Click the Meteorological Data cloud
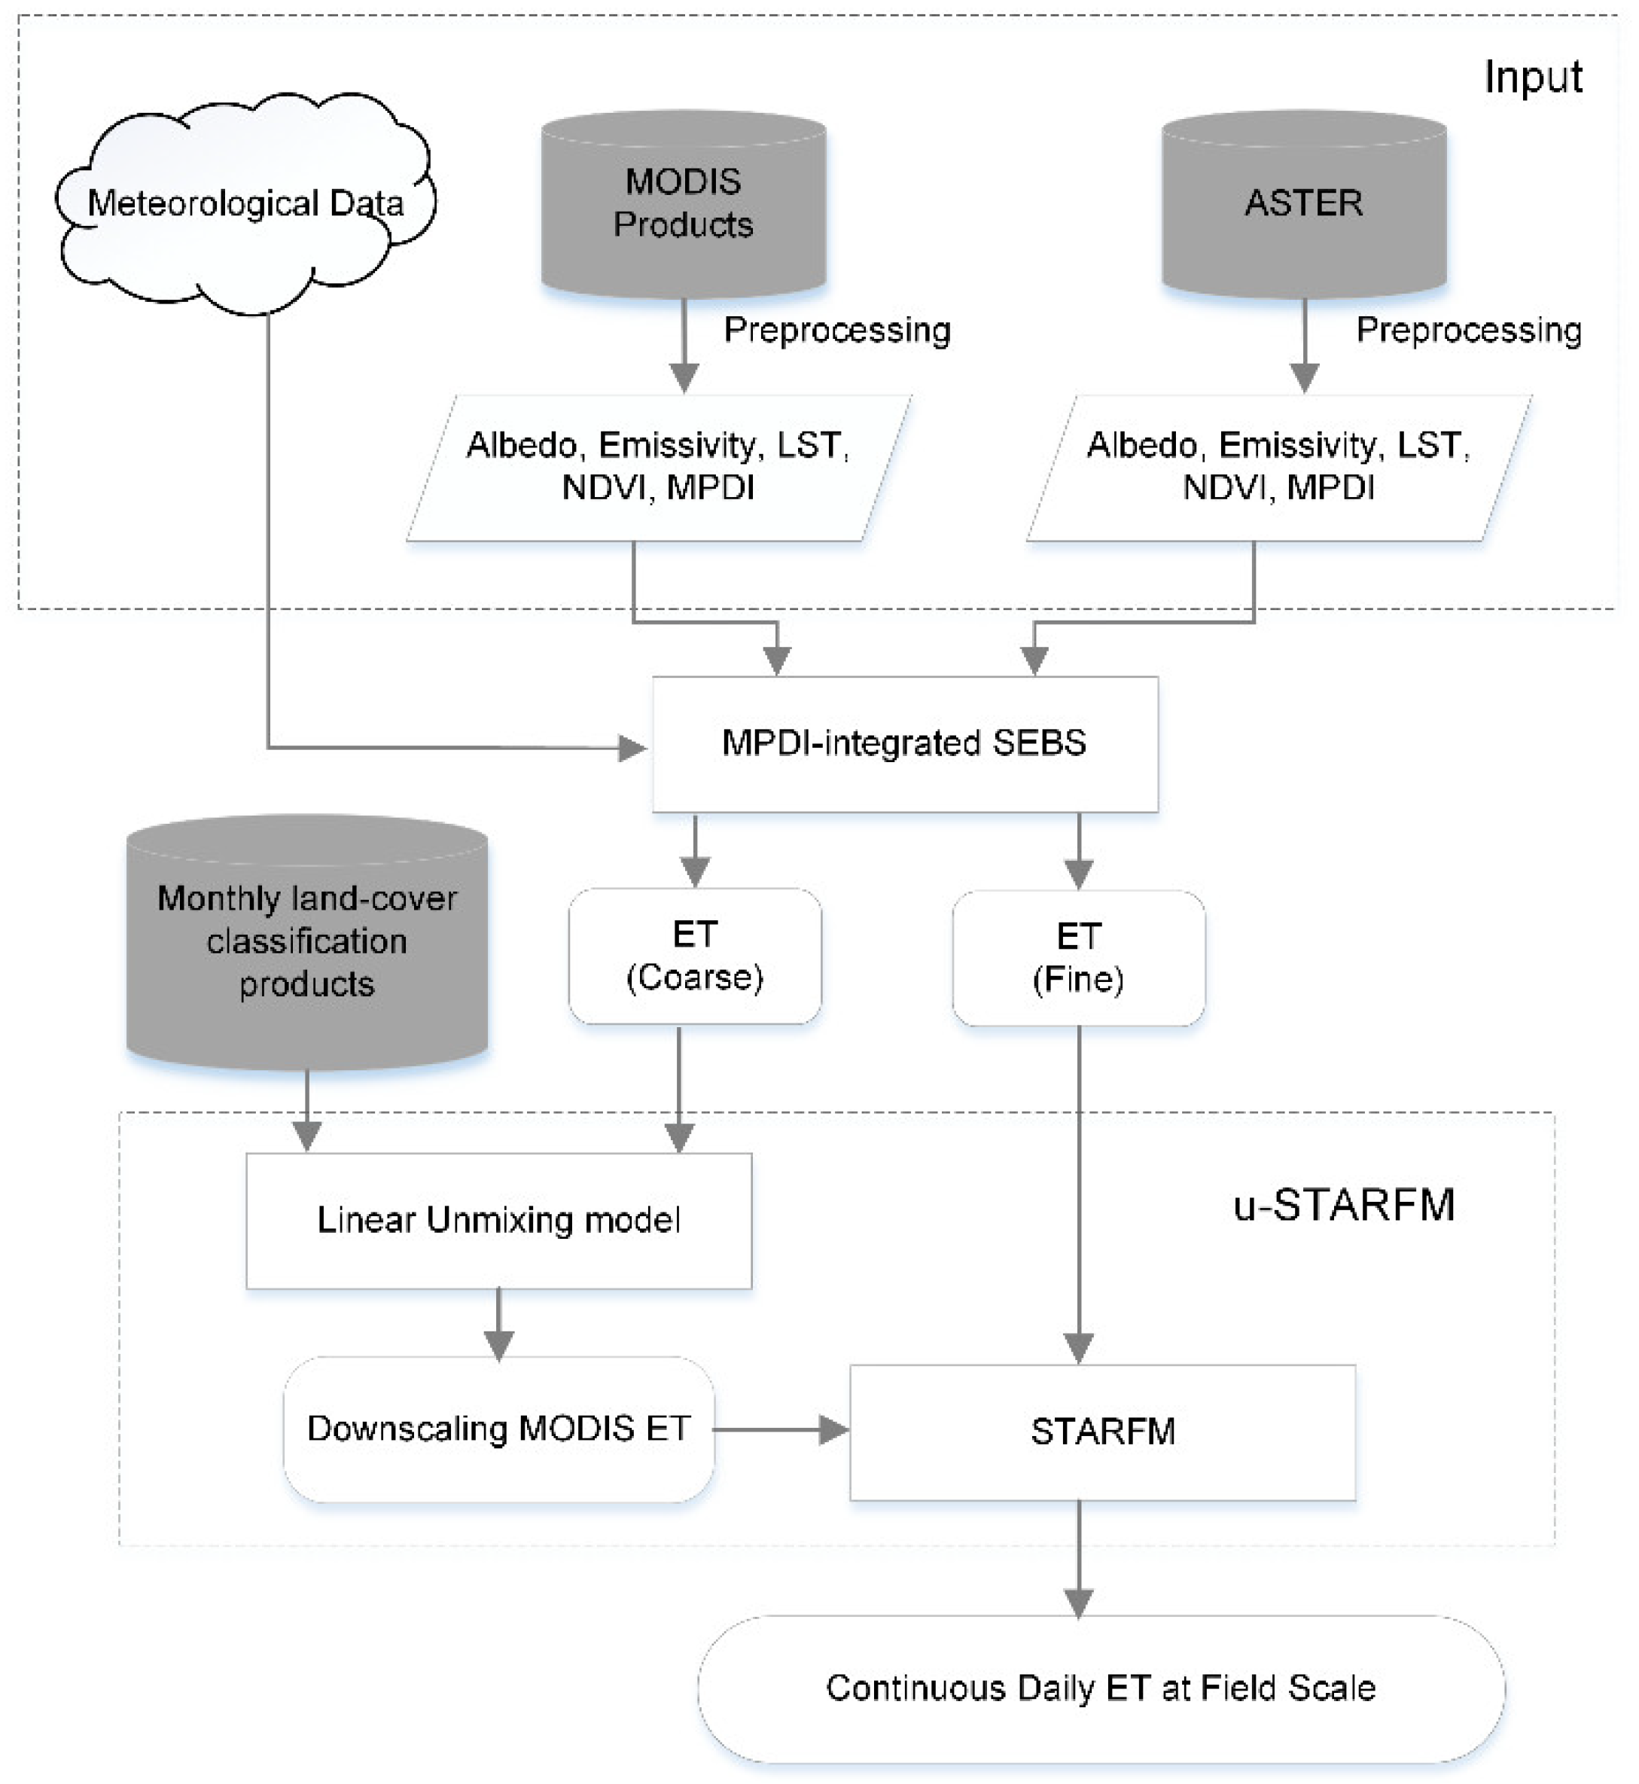tap(245, 204)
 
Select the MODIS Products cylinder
tap(683, 204)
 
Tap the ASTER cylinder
tap(1303, 204)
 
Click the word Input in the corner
tap(1533, 77)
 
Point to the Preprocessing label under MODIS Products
tap(836, 330)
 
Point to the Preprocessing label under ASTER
tap(1468, 330)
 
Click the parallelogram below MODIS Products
tap(658, 467)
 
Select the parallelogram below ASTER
tap(1278, 467)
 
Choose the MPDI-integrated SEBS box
tap(905, 743)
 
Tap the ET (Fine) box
tap(1077, 957)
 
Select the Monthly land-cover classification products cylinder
tap(307, 942)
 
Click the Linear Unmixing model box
tap(498, 1220)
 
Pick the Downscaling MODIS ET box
tap(498, 1429)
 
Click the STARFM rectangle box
tap(1102, 1431)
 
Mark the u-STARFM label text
tap(1343, 1205)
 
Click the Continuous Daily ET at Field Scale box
tap(1101, 1688)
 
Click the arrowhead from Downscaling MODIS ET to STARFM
tap(833, 1429)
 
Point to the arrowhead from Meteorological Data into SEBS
tap(632, 748)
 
